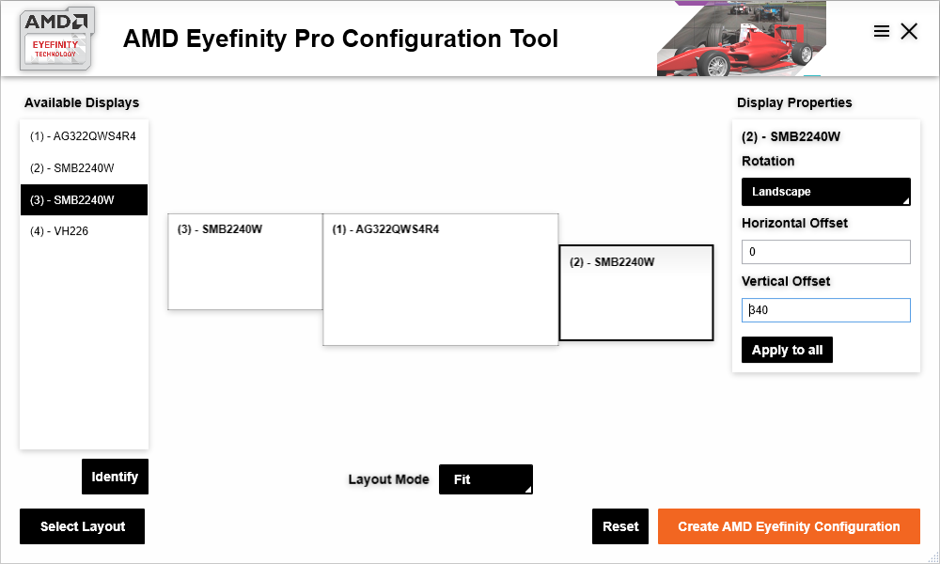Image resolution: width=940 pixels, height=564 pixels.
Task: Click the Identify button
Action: coord(115,477)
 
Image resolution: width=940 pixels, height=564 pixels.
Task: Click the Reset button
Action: coord(620,526)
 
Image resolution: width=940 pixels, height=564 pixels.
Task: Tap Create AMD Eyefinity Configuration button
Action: coord(789,526)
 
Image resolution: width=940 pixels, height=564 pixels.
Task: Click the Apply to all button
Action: coord(787,350)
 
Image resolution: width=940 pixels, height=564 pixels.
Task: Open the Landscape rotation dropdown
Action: coord(826,192)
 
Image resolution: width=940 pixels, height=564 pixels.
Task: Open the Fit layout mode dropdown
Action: coord(485,479)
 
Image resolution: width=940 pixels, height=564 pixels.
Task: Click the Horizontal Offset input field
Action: coord(826,252)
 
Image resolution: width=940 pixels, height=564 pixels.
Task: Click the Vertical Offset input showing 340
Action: coord(826,310)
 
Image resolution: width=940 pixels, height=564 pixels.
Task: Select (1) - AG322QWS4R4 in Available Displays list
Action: coord(84,136)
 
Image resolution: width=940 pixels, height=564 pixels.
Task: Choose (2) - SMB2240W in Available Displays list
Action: coord(84,168)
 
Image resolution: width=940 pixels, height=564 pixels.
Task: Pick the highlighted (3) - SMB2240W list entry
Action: coord(84,200)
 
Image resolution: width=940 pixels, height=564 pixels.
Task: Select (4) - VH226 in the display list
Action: coord(84,231)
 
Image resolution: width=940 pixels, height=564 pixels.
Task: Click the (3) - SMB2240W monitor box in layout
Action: coord(245,268)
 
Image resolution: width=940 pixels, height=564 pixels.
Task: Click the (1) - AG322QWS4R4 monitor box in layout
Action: coord(440,287)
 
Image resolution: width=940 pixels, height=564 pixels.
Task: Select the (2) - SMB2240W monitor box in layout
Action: coord(636,299)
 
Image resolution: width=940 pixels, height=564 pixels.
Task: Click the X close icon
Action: coord(909,31)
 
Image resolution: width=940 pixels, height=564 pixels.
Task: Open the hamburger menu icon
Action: coord(882,31)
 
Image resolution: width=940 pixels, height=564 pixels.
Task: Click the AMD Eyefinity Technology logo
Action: coord(56,39)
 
